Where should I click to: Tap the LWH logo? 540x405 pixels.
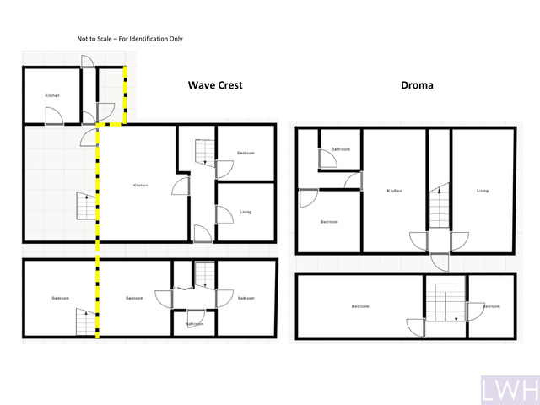pyautogui.click(x=509, y=390)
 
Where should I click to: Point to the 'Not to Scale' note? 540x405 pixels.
pyautogui.click(x=129, y=39)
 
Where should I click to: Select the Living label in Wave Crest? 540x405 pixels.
pyautogui.click(x=245, y=212)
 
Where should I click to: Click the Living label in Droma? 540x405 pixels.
pyautogui.click(x=482, y=191)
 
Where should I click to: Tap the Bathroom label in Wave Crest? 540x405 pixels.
pyautogui.click(x=194, y=324)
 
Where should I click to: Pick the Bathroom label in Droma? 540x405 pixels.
pyautogui.click(x=340, y=149)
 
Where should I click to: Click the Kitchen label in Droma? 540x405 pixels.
pyautogui.click(x=393, y=191)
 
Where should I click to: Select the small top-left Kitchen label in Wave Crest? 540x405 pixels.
pyautogui.click(x=52, y=96)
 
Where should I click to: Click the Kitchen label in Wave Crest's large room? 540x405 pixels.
pyautogui.click(x=140, y=186)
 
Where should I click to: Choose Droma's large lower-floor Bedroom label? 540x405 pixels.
pyautogui.click(x=360, y=306)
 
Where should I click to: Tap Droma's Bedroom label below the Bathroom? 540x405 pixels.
pyautogui.click(x=329, y=222)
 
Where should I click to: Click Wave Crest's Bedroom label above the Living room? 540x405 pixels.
pyautogui.click(x=245, y=153)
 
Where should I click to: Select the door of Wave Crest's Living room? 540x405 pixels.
pyautogui.click(x=224, y=214)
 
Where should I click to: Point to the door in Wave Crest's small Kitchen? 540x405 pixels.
pyautogui.click(x=54, y=116)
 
